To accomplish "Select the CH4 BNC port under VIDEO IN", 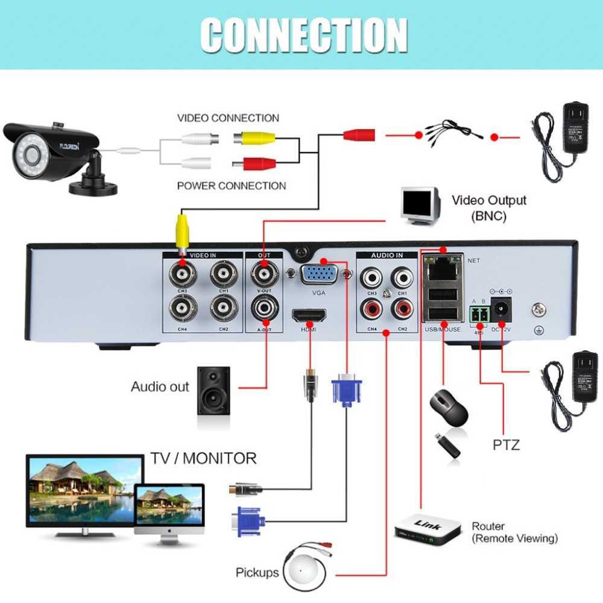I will pos(183,309).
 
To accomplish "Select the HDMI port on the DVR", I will pos(309,315).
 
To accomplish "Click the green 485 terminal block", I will pos(479,314).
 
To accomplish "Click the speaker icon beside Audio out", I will pos(213,390).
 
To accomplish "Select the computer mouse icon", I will pos(449,409).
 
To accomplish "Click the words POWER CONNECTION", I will pos(232,186).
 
